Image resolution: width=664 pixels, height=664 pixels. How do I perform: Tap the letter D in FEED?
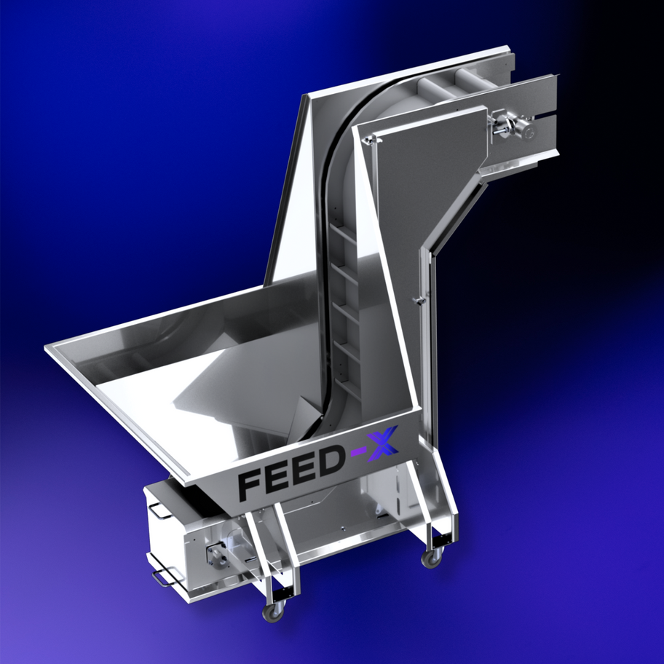331,460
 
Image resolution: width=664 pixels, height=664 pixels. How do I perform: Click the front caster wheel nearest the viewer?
272,612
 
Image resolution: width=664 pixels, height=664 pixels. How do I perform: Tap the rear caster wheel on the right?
432,558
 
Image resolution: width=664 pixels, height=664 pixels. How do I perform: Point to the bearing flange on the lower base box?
216,553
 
